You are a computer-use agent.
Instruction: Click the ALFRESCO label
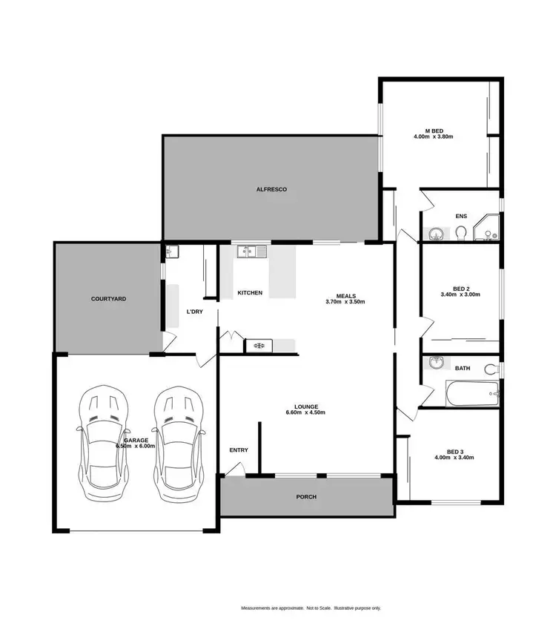coord(271,190)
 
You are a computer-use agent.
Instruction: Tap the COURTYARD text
coord(108,299)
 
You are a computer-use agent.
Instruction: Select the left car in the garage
coord(105,443)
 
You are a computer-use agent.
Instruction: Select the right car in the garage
coord(177,443)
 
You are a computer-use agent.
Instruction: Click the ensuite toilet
coord(461,234)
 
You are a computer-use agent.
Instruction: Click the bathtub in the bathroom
coord(473,393)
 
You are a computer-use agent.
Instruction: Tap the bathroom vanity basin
coord(437,363)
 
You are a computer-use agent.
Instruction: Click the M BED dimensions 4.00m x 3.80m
coord(433,136)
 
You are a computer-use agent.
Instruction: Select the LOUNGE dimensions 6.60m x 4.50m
coord(305,412)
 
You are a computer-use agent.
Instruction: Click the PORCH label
coord(306,497)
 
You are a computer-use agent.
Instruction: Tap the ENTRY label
coord(239,450)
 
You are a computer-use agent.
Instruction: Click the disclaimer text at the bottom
coord(311,608)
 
